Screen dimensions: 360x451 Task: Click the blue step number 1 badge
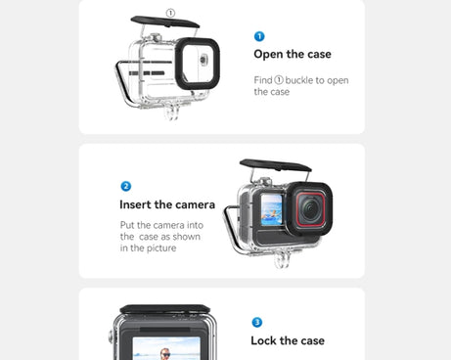point(258,36)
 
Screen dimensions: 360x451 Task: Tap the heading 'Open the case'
point(292,54)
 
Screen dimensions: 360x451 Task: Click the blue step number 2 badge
point(125,186)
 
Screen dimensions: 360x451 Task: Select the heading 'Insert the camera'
point(167,204)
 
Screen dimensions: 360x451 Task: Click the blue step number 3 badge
point(257,322)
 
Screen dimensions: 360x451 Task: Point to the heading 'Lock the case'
point(288,340)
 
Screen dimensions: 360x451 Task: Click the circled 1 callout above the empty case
point(170,14)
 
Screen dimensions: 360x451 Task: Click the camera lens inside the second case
point(310,208)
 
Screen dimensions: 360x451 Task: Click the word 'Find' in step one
point(262,80)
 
